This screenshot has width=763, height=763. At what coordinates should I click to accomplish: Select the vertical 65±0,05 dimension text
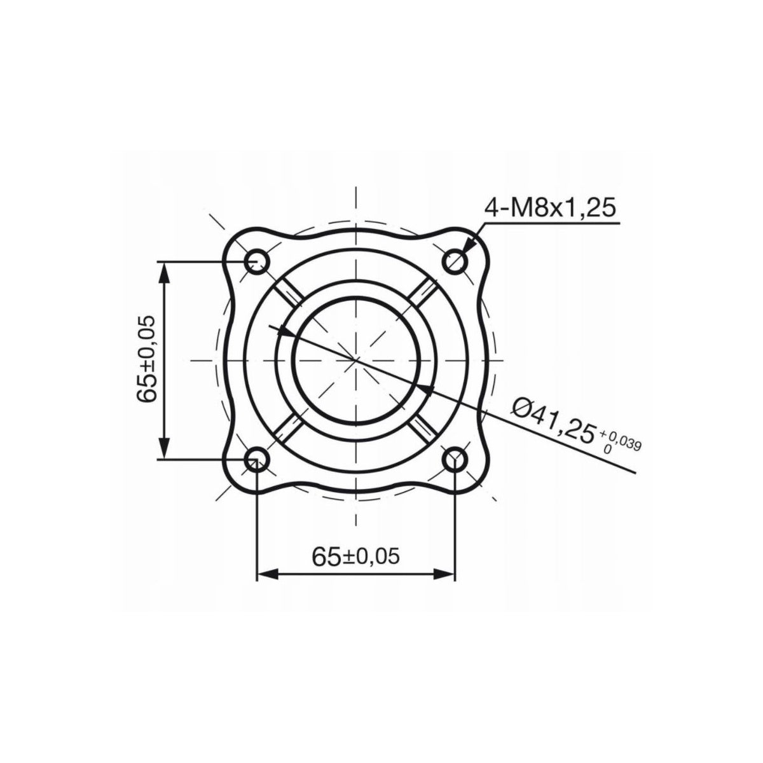point(147,359)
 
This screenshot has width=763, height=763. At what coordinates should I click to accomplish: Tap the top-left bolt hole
point(257,261)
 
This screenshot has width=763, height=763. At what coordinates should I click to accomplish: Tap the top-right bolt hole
point(455,261)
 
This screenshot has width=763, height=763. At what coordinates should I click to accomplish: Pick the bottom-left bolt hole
point(257,458)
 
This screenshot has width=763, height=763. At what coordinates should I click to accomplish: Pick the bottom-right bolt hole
point(455,458)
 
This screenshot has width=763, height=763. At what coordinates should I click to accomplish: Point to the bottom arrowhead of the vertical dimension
point(165,450)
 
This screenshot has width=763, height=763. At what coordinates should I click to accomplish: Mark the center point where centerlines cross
point(356,360)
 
